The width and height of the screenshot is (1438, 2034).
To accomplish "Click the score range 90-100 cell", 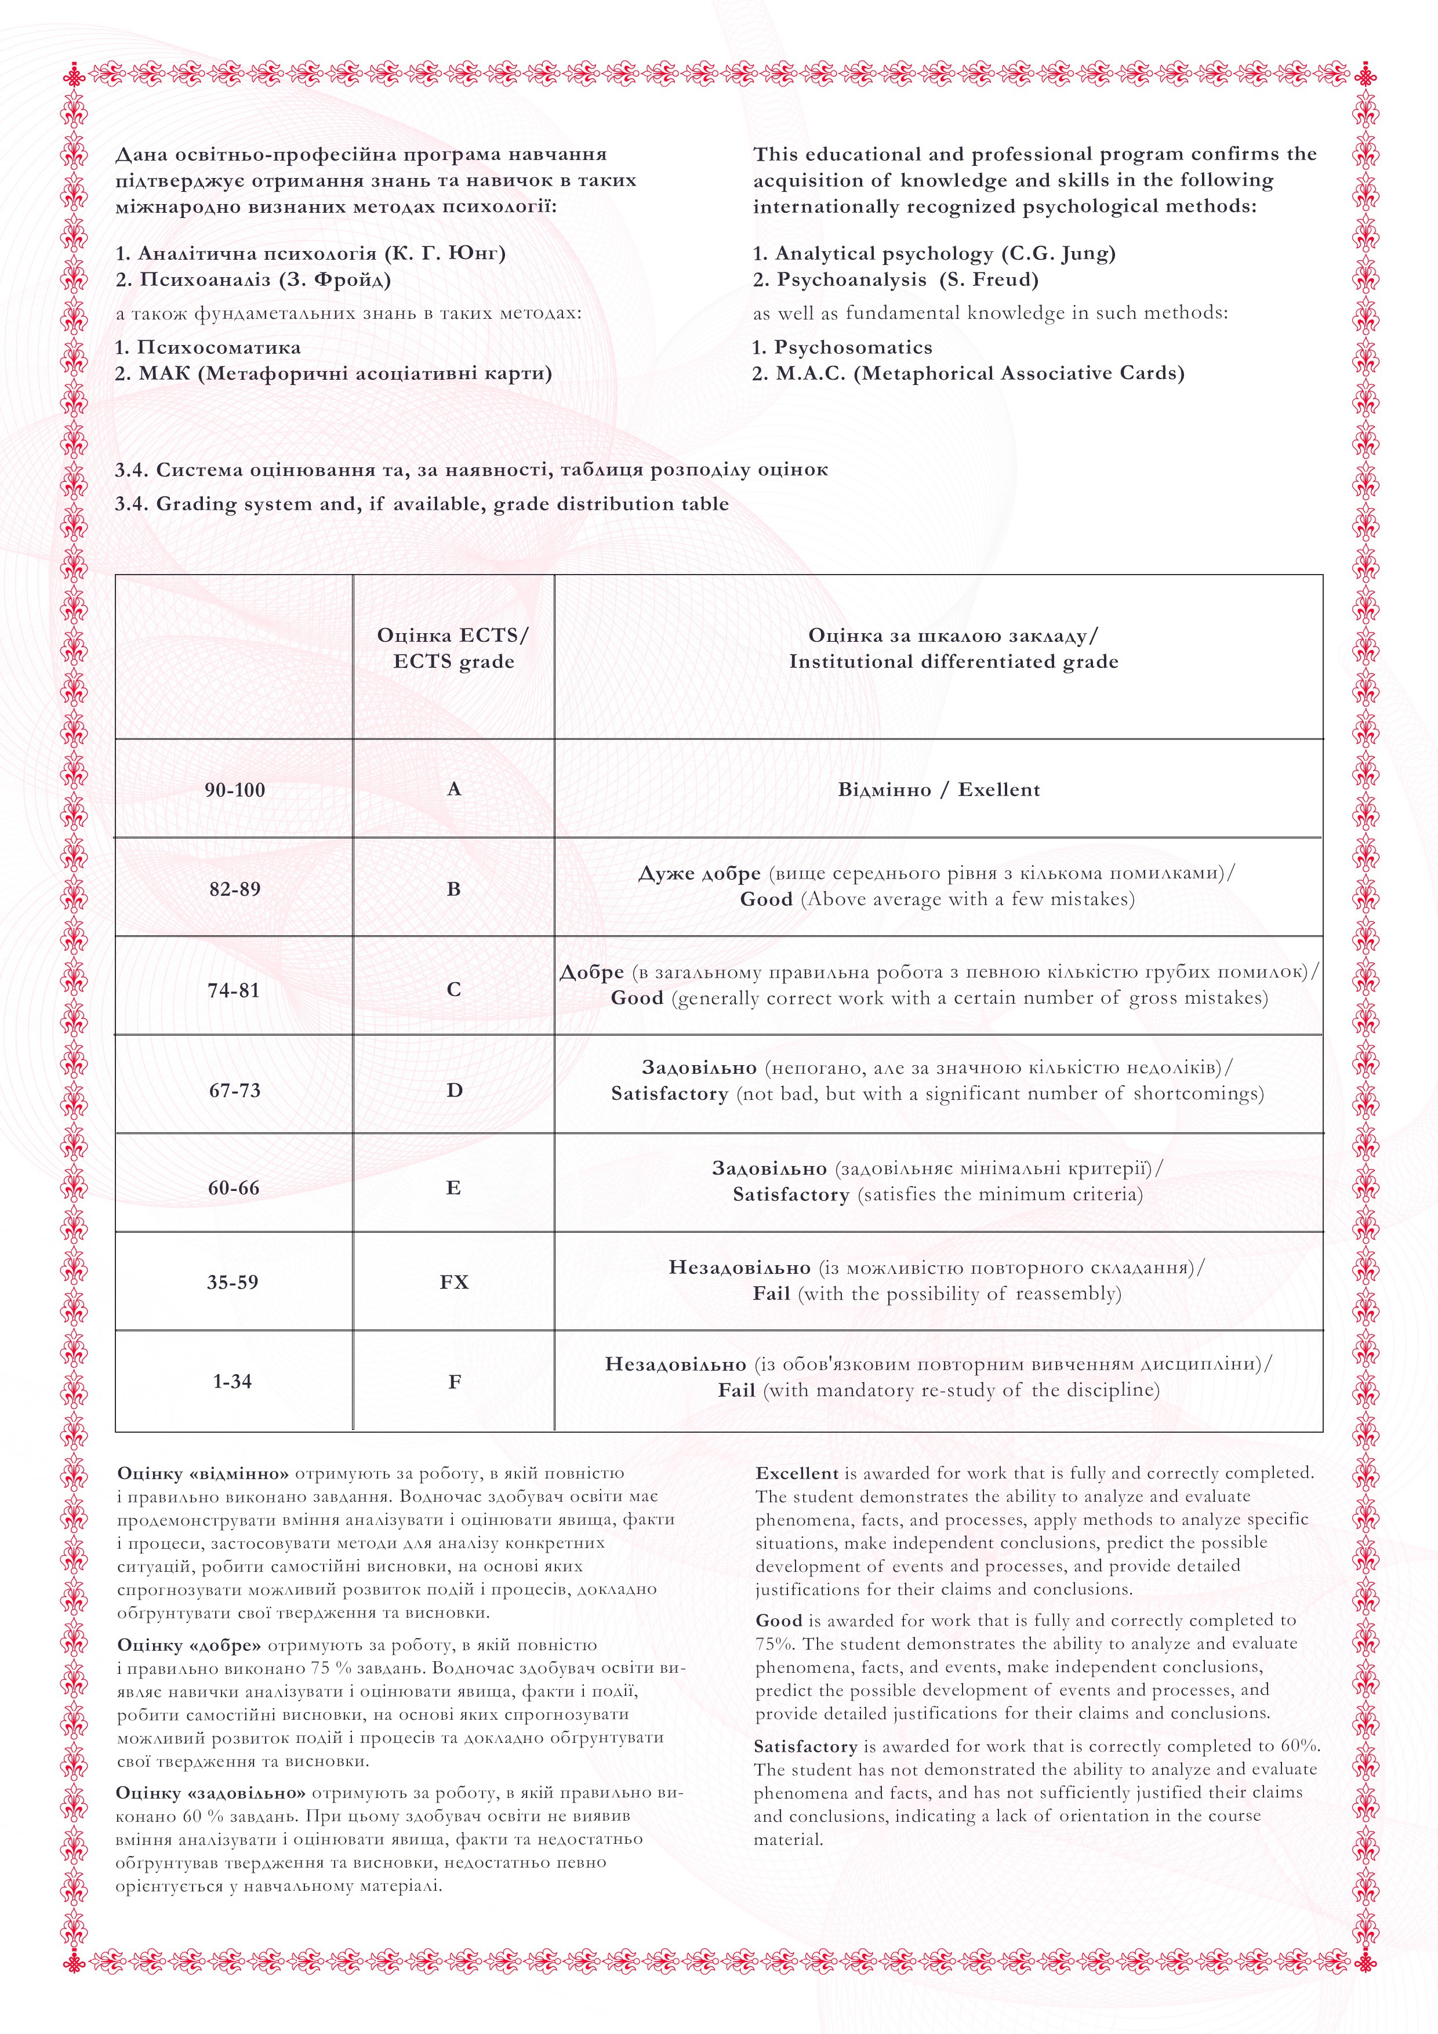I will point(235,790).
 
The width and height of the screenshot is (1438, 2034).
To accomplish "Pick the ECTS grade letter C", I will point(453,990).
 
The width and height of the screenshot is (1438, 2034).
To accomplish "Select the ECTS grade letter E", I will point(453,1188).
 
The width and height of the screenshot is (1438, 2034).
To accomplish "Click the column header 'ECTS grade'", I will point(453,662).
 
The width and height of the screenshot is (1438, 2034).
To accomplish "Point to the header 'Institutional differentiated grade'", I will point(953,662).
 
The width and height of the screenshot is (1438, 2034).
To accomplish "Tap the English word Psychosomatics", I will point(853,347).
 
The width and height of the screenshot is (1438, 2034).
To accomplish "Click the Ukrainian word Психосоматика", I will point(219,347).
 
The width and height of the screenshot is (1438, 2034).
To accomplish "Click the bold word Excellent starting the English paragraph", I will point(797,1473).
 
